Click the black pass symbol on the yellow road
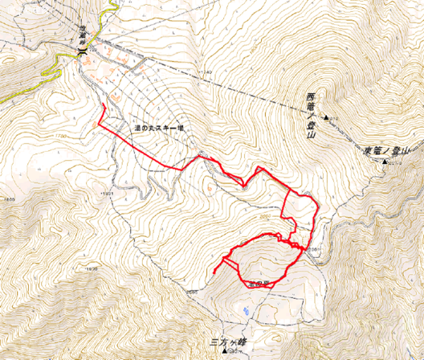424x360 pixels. point(84,51)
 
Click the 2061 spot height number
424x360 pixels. point(315,249)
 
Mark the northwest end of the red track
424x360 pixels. point(103,105)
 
